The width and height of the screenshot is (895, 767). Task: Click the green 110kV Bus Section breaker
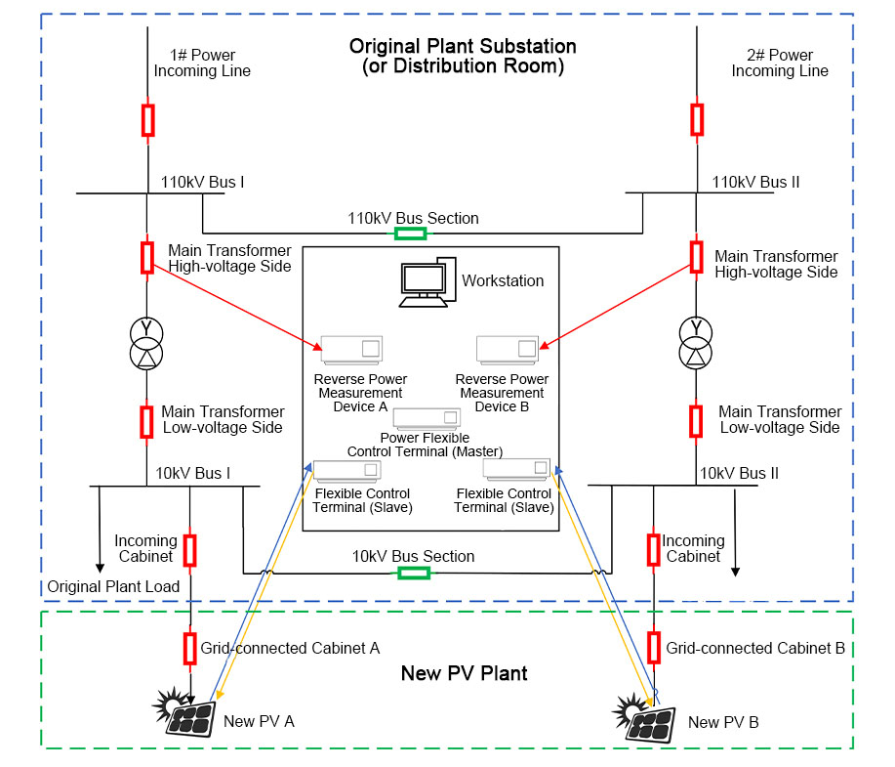coord(410,234)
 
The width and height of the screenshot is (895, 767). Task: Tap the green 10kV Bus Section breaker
coord(413,572)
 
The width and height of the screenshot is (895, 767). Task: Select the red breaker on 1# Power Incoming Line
coord(147,119)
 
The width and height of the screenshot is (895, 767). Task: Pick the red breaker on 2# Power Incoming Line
coord(697,119)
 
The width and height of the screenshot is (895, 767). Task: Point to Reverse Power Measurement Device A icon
coord(350,350)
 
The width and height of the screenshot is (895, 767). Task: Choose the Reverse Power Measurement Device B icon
coord(507,350)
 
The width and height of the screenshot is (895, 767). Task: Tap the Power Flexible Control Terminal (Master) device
coord(426,418)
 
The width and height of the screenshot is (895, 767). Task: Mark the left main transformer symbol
coord(146,344)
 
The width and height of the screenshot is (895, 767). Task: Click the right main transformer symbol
coord(696,344)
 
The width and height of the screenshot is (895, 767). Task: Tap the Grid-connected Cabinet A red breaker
coord(190,648)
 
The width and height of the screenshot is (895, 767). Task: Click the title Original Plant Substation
coord(463,47)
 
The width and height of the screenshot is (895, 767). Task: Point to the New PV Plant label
coord(465,673)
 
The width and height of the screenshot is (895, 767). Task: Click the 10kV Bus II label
coord(739,473)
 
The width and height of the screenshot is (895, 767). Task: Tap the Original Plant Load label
coord(113,586)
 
